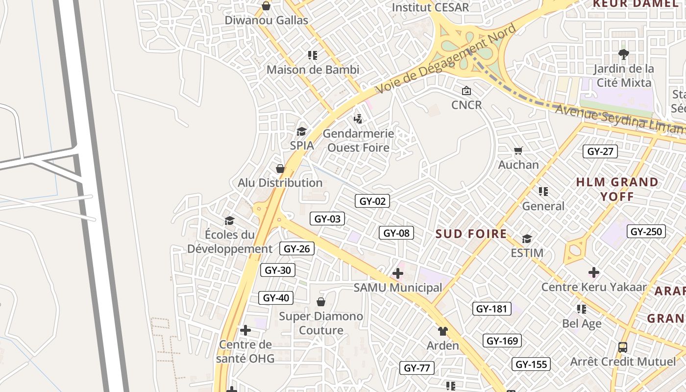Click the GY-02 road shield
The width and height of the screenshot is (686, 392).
pyautogui.click(x=372, y=201)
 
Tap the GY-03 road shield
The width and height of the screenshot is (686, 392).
pyautogui.click(x=327, y=219)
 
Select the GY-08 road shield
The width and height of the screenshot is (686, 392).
pyautogui.click(x=396, y=233)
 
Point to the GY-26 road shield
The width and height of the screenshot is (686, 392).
pyautogui.click(x=297, y=248)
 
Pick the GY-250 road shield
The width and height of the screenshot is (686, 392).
pyautogui.click(x=646, y=231)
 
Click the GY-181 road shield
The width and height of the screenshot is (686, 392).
pyautogui.click(x=491, y=309)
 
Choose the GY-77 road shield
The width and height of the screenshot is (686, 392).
pyautogui.click(x=417, y=368)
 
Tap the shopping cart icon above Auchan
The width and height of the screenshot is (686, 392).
pyautogui.click(x=518, y=150)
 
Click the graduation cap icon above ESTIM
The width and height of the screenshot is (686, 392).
pyautogui.click(x=527, y=239)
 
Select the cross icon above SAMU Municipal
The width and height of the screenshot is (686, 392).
pyautogui.click(x=398, y=273)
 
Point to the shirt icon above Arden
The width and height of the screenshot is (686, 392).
pyautogui.click(x=442, y=331)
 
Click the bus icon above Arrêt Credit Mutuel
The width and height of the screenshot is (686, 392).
pyautogui.click(x=622, y=347)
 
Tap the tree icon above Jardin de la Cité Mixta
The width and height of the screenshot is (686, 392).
pyautogui.click(x=623, y=54)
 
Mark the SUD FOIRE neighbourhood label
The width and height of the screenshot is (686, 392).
pyautogui.click(x=471, y=234)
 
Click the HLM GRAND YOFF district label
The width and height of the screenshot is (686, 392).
pyautogui.click(x=617, y=189)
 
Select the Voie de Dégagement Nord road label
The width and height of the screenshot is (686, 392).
pyautogui.click(x=446, y=59)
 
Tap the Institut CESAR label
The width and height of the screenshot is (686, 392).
pyautogui.click(x=430, y=7)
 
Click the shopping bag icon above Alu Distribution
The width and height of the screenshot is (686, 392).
pyautogui.click(x=280, y=169)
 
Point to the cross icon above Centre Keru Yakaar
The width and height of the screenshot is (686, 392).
pyautogui.click(x=594, y=272)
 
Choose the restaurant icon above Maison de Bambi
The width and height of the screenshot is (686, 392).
pyautogui.click(x=312, y=55)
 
